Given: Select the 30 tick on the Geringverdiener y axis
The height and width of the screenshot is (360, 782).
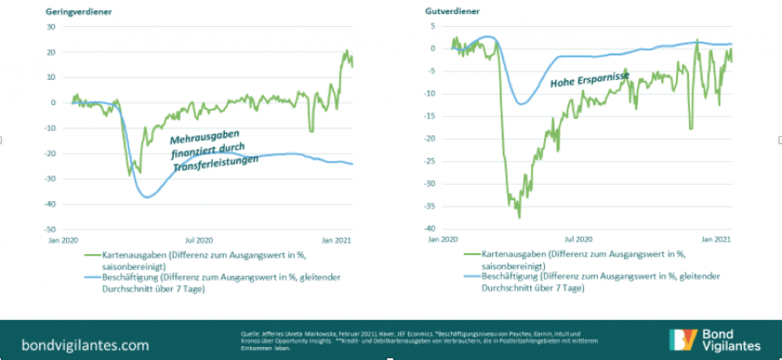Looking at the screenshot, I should click(x=50, y=26).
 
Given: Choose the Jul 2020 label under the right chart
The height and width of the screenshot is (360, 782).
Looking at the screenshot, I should click(x=579, y=240).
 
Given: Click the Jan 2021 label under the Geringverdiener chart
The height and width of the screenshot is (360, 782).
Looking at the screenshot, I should click(x=337, y=240).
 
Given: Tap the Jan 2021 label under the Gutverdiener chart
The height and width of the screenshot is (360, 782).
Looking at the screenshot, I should click(x=717, y=240).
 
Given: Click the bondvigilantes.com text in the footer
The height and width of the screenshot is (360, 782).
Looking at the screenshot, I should click(x=74, y=344).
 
